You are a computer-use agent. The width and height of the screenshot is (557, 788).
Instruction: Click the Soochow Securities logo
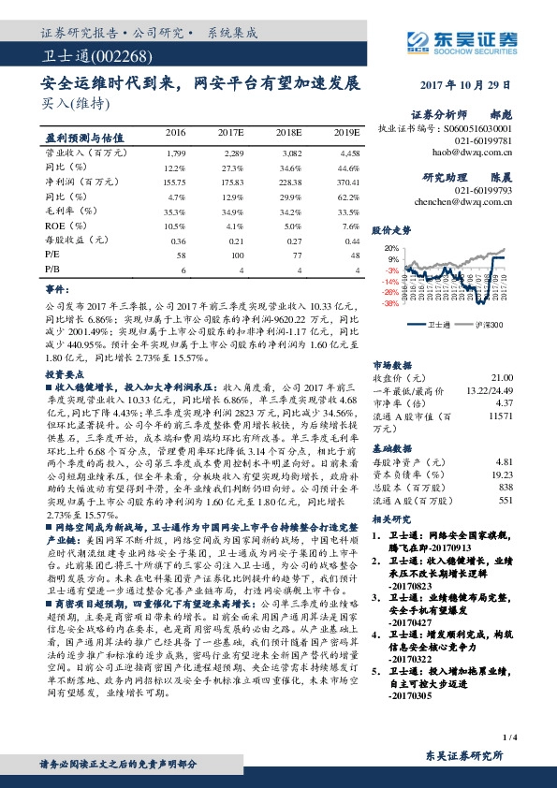click(x=464, y=39)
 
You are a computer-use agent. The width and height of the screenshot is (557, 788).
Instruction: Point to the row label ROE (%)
click(x=67, y=226)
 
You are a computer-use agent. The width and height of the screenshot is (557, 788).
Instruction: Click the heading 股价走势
click(x=391, y=229)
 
